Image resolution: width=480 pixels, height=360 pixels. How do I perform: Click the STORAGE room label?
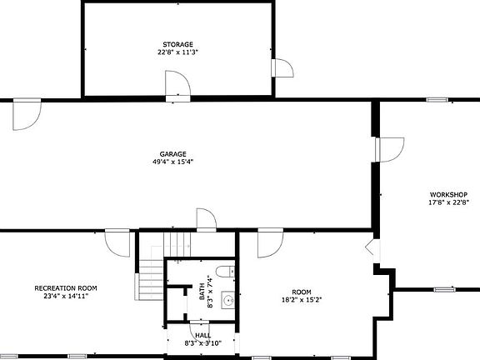point(177,44)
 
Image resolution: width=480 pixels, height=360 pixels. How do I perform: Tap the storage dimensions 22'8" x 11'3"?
point(177,52)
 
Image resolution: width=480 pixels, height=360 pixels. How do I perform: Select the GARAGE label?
point(173,153)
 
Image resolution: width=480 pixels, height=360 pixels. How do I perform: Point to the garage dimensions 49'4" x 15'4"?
point(173,162)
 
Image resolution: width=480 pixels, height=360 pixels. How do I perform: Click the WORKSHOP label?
point(449,194)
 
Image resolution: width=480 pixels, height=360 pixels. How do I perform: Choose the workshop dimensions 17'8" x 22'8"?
point(449,202)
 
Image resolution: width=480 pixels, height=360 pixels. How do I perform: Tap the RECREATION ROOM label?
point(61,288)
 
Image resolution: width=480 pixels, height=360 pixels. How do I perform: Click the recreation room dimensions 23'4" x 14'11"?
point(61,296)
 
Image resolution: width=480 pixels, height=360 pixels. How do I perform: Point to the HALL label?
point(202,335)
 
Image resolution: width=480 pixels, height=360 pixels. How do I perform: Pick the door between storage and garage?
point(177,86)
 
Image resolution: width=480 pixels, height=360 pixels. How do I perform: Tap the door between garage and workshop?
point(388,148)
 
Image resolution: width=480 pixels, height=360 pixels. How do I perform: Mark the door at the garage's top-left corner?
point(26,114)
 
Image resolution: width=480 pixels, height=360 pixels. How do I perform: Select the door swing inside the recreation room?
point(117,244)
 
